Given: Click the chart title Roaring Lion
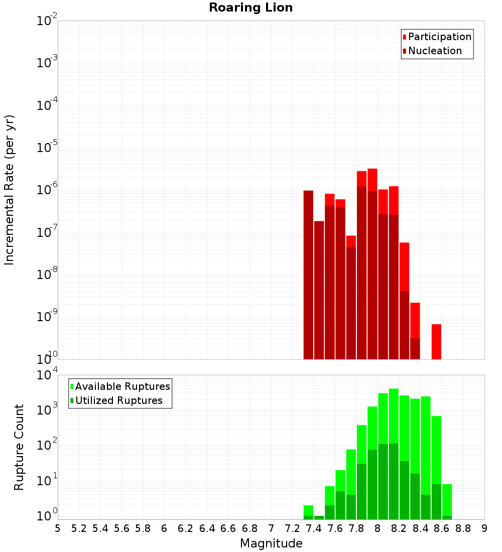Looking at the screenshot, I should tap(250, 8).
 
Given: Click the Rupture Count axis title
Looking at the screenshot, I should tap(19, 447).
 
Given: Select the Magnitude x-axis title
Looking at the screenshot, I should tap(271, 543).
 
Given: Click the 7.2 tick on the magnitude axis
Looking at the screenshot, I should tap(292, 528).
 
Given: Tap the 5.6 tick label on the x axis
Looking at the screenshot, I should tap(121, 528).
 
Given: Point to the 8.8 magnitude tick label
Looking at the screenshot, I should tap(463, 528).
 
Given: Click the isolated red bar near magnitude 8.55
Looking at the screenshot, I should tap(436, 342).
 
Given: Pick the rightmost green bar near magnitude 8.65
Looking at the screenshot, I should tap(447, 500).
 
